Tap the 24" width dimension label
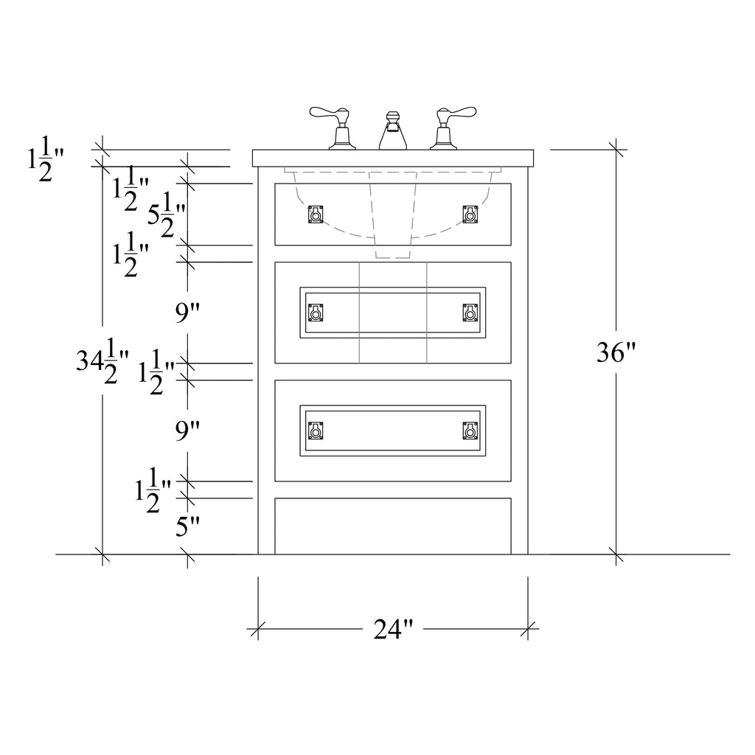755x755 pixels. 393,629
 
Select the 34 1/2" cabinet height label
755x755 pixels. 102,361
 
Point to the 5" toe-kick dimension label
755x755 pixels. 187,526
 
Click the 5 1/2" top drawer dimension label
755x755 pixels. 166,215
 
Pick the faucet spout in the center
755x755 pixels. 393,131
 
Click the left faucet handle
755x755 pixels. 333,127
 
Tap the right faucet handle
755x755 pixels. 453,127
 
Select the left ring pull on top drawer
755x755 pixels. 316,215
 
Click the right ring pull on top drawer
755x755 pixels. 470,215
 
